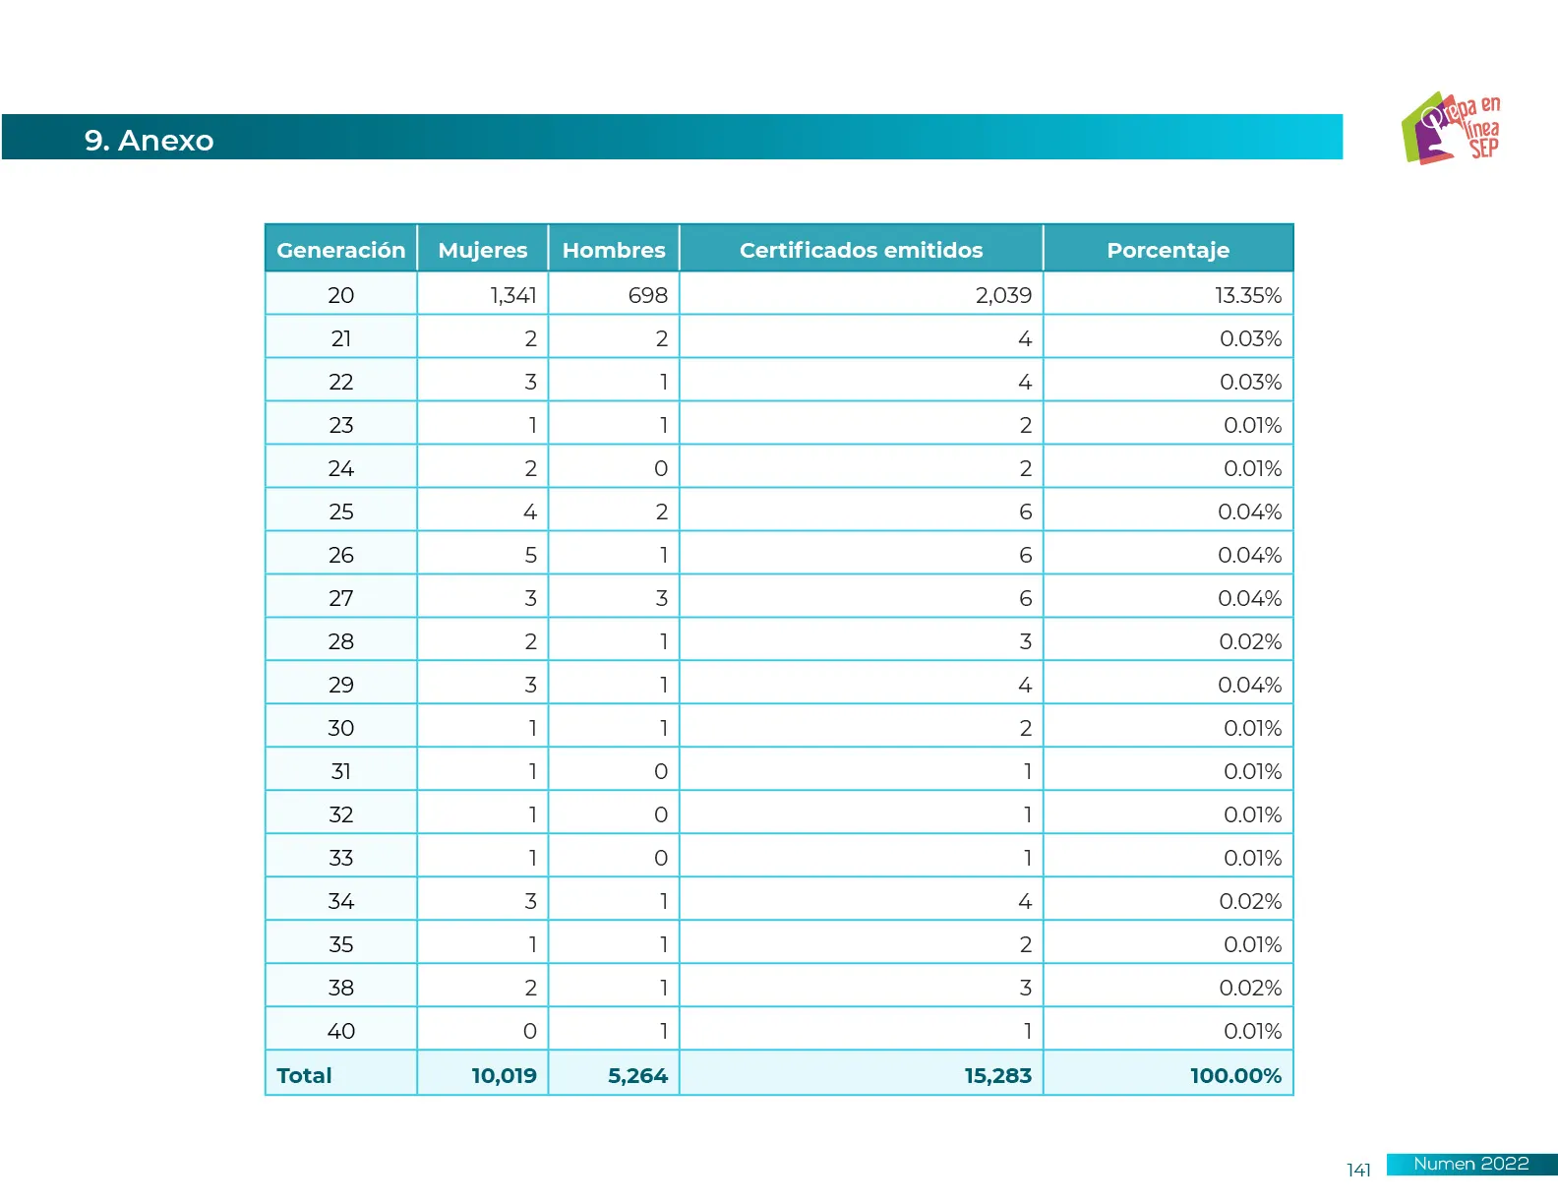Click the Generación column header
(x=340, y=250)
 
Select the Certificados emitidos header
(x=861, y=250)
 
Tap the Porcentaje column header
(x=1168, y=250)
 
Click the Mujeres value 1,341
(x=513, y=295)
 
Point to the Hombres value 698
(x=647, y=295)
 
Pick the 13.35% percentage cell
(x=1247, y=295)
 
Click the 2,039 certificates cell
(x=1003, y=295)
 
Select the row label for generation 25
(x=340, y=512)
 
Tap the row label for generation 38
(x=340, y=988)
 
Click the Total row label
(x=304, y=1075)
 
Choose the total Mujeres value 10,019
(x=504, y=1075)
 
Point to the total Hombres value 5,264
(x=637, y=1075)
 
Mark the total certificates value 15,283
(x=997, y=1075)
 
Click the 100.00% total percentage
(x=1235, y=1075)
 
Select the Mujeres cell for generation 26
(x=530, y=555)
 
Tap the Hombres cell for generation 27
(x=661, y=598)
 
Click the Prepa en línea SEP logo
(x=1451, y=129)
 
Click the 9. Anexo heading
(x=149, y=140)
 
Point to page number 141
(x=1358, y=1170)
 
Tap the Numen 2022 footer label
(x=1470, y=1164)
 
